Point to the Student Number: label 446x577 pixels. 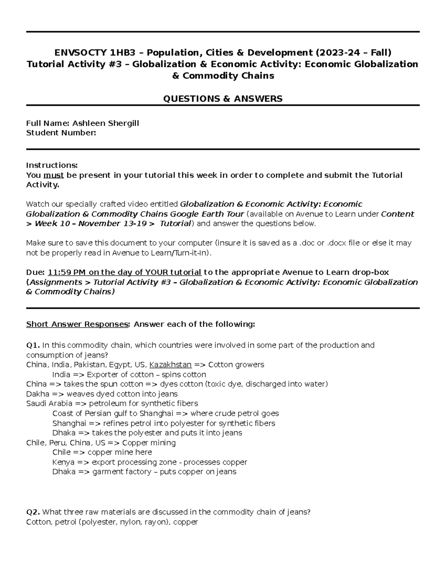coord(61,133)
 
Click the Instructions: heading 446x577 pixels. coord(52,165)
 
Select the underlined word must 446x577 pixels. coord(54,175)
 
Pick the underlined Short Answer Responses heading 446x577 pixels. coord(77,324)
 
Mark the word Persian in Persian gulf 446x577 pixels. coord(98,413)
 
